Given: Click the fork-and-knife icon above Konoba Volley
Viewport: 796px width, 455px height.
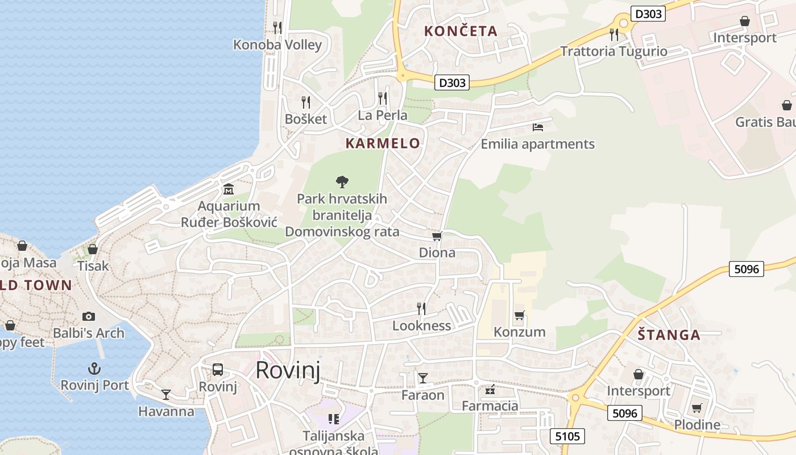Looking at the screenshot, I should click(277, 27).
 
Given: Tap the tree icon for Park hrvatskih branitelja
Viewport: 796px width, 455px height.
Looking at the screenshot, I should click(342, 182).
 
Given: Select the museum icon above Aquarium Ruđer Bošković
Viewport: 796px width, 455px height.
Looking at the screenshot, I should click(229, 189).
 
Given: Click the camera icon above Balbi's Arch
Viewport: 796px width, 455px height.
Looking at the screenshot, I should click(88, 316).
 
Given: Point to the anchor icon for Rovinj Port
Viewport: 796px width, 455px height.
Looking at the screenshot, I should click(94, 369).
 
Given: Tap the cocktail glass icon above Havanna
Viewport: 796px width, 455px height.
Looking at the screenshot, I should click(166, 394).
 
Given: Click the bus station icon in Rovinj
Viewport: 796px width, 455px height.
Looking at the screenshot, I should click(218, 370).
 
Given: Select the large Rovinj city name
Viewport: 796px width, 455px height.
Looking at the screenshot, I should click(288, 370).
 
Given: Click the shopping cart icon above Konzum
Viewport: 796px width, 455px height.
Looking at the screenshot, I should click(519, 315).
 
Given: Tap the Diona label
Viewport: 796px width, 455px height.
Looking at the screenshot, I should click(437, 253).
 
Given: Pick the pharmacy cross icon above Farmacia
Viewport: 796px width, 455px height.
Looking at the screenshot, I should click(490, 390).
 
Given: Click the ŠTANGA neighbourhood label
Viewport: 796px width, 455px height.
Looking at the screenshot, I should click(669, 335).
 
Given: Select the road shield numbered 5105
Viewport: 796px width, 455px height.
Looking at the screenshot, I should click(567, 436).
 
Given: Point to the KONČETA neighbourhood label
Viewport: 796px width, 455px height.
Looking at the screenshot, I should click(461, 31).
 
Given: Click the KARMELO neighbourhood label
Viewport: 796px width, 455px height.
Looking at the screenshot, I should click(383, 143).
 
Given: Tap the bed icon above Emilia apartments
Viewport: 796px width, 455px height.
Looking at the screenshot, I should click(538, 127).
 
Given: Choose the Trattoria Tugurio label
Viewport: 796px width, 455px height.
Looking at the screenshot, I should click(613, 51).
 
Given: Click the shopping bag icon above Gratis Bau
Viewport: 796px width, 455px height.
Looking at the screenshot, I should click(787, 105).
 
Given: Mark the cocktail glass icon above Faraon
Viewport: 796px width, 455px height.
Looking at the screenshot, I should click(423, 378).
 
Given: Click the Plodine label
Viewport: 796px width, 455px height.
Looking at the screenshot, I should click(697, 425).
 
